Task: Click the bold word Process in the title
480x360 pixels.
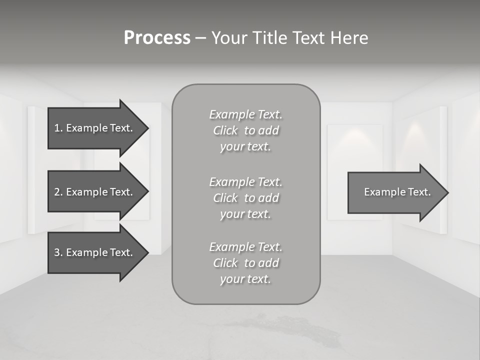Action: [157, 38]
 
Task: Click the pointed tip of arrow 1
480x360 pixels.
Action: [147, 128]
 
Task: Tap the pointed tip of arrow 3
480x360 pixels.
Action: [147, 252]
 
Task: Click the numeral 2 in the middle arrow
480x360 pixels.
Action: [57, 192]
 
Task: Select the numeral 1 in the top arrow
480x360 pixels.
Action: [57, 128]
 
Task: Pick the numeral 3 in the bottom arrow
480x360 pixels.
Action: [57, 252]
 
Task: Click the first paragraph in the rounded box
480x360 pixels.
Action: [245, 130]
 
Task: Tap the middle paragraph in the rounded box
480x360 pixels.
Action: [245, 198]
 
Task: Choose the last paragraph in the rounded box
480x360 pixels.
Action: [245, 263]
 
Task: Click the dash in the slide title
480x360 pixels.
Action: [200, 38]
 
